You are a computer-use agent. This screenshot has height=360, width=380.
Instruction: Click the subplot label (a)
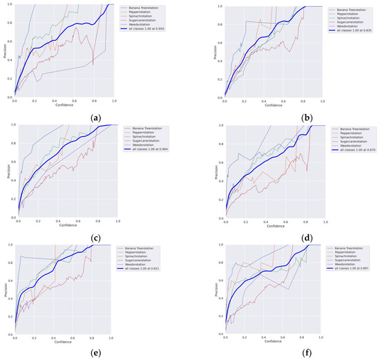(x=96, y=117)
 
